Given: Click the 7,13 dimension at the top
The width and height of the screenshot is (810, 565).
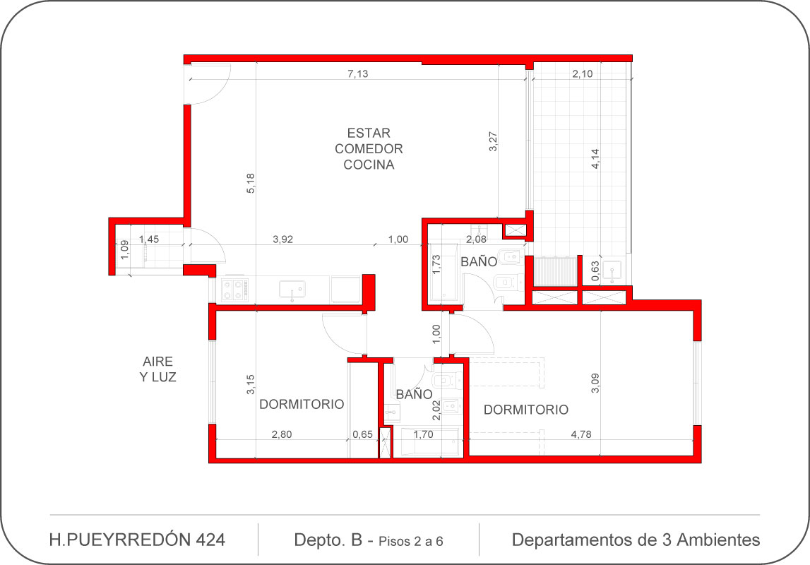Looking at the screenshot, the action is pos(358,74).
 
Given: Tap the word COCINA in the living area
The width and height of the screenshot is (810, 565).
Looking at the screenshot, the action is pos(369,165).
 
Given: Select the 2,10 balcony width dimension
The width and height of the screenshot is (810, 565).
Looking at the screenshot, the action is pos(582,74).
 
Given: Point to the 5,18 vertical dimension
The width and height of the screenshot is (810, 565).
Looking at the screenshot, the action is pos(251,184).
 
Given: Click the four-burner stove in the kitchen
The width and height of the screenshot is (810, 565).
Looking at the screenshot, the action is pos(235,290).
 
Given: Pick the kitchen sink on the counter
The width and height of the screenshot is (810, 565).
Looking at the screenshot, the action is pos(292,290).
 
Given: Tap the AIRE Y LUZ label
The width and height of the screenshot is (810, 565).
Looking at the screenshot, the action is pos(157,369).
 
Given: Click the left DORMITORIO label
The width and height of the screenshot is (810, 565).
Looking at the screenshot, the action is pos(302,405).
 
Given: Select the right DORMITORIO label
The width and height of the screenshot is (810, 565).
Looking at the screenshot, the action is pos(526,410).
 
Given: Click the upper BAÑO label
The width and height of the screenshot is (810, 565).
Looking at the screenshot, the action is pos(479,261).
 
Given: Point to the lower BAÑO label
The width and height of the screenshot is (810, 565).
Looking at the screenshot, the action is pos(414,394).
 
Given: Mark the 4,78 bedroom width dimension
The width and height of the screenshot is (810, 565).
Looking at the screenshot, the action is pos(581,434).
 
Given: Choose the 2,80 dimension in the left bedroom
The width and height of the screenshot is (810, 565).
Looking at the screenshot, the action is pos(282,434).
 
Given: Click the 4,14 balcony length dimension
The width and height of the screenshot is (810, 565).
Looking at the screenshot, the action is pos(595,159).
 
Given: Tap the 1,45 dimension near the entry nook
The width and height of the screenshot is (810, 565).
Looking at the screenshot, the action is pos(149,239).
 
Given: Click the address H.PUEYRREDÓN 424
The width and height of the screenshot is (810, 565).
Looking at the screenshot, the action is pos(137,540).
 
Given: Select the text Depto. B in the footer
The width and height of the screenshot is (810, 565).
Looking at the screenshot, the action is pos(328,540).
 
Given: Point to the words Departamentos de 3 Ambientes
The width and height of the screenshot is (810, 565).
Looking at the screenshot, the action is pos(636,540).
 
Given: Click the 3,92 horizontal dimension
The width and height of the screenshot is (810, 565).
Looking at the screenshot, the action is pos(282,239).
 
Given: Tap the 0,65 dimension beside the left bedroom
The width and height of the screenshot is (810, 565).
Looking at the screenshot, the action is pos(363,434).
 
